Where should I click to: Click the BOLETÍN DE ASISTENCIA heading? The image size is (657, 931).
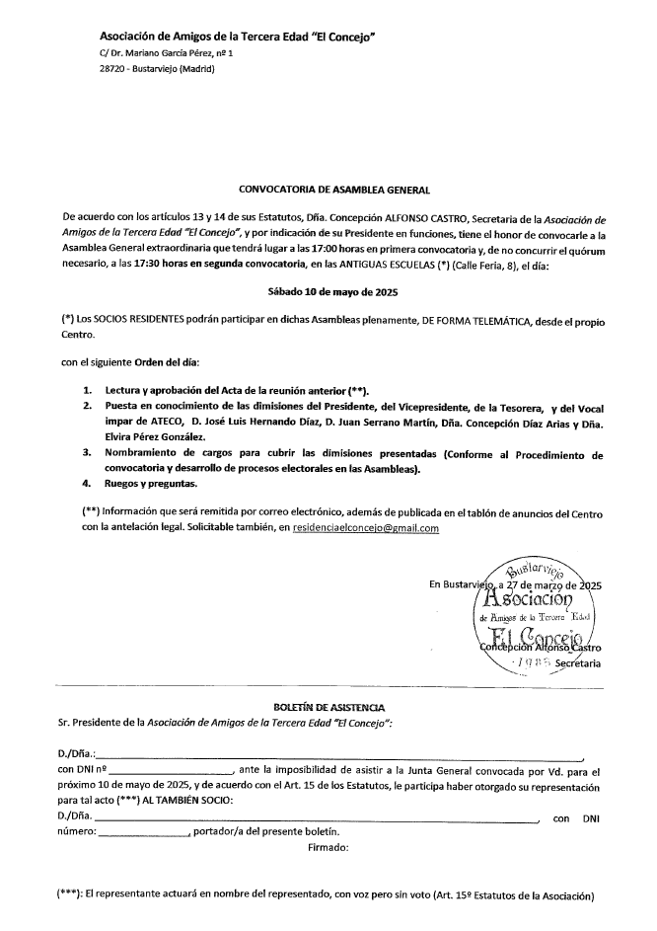coord(328,708)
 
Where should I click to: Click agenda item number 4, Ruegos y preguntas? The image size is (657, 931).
coord(152,484)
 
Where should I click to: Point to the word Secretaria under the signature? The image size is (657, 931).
coord(578,664)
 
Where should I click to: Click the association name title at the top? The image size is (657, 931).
coord(239,37)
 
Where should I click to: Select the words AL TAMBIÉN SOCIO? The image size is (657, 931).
coord(190,802)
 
